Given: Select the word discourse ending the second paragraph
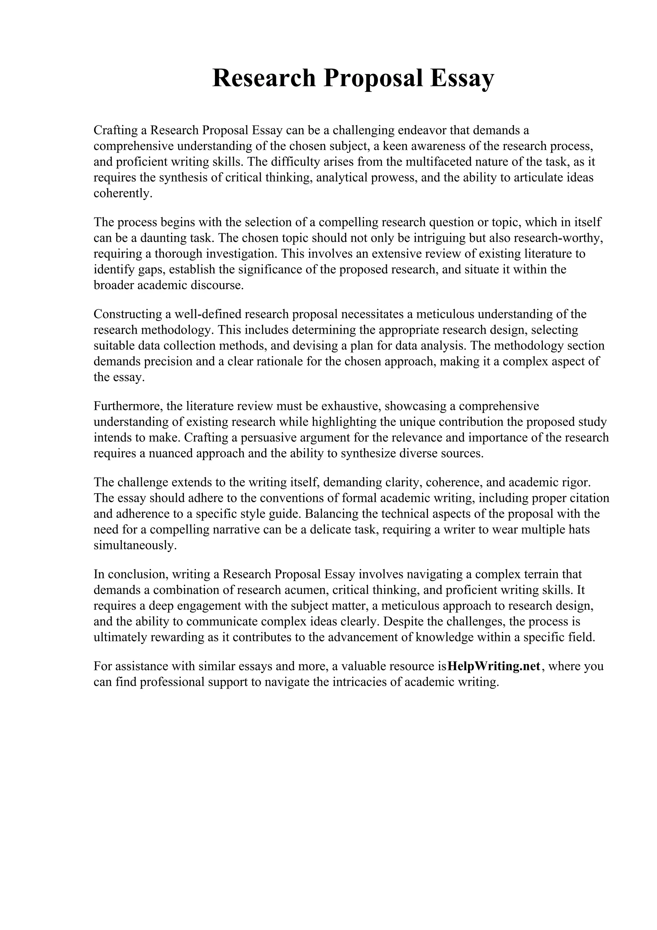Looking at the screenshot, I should pyautogui.click(x=217, y=285).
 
